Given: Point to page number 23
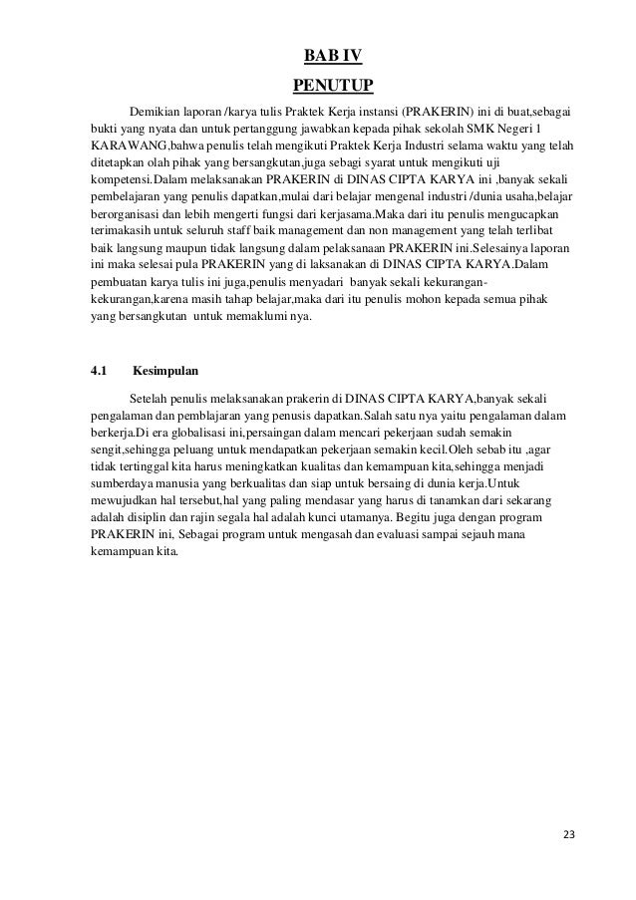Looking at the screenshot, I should coord(569,833).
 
